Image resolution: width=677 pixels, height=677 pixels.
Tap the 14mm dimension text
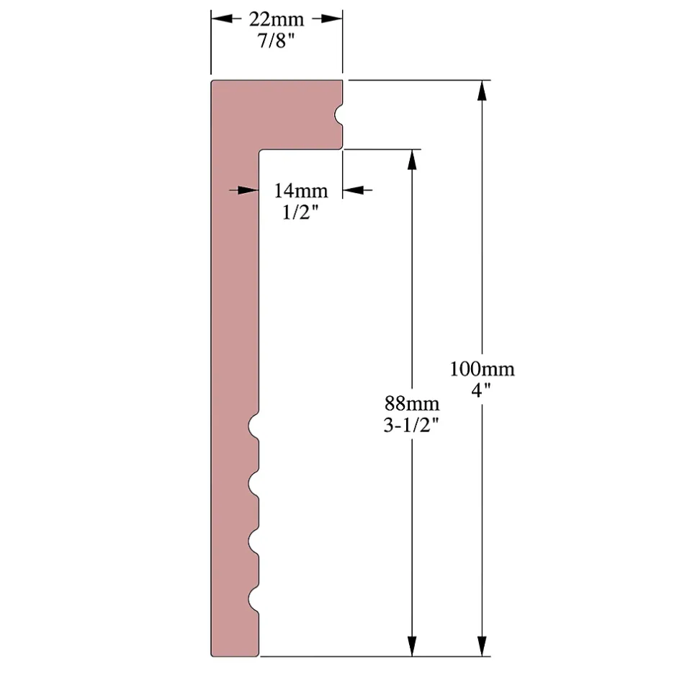coord(300,191)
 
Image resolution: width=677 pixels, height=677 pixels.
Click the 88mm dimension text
coord(411,403)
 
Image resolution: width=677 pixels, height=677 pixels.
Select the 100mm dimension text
coord(482,369)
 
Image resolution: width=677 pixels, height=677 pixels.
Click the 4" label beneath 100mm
coord(482,391)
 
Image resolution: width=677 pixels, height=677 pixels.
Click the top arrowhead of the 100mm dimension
coord(482,89)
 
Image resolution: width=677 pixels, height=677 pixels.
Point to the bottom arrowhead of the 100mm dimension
coord(482,647)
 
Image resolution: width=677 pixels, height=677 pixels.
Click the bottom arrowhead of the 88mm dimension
coord(412,647)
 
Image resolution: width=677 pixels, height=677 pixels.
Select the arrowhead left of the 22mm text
coord(220,19)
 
